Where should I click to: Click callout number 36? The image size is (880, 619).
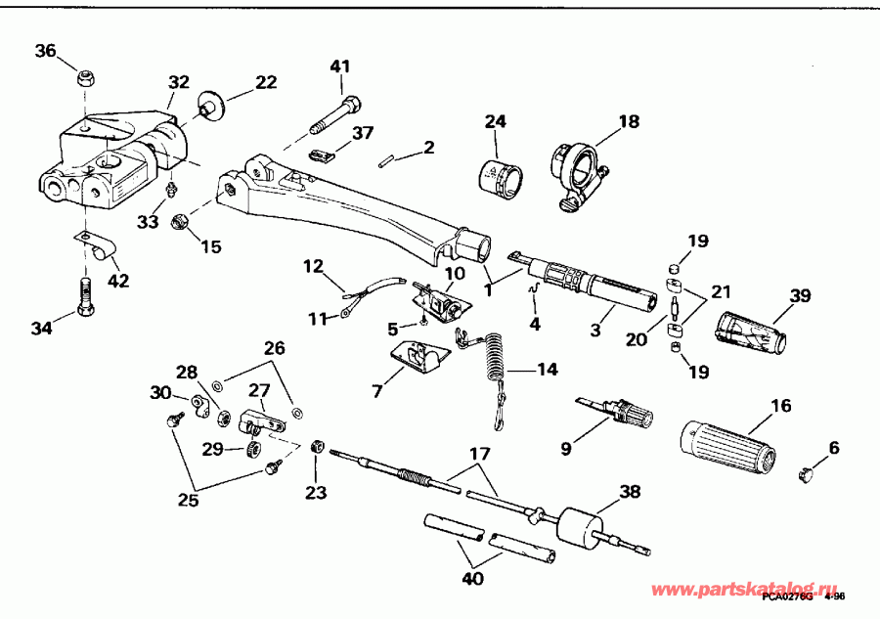pos(46,52)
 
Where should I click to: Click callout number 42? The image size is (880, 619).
pos(117,282)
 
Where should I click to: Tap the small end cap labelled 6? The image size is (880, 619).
pos(809,473)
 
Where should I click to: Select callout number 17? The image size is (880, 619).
pos(479,453)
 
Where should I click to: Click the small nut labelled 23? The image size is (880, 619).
pos(317,446)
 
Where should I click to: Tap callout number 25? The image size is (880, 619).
pos(188,501)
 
